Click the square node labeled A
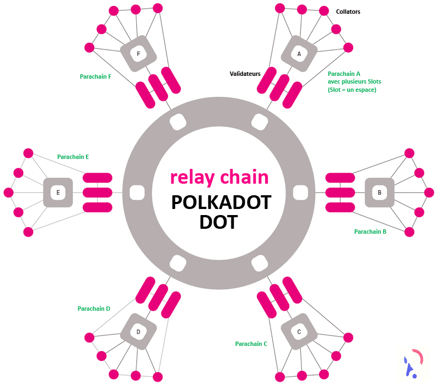(299, 54)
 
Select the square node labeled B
(380, 193)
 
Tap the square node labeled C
(299, 332)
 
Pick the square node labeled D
(138, 332)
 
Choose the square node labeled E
(58, 193)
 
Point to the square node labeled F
(138, 54)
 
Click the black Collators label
(348, 12)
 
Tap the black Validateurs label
(245, 73)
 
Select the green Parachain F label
(95, 76)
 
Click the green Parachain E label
(73, 157)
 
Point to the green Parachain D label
(94, 309)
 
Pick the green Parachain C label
(251, 344)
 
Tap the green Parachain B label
(370, 232)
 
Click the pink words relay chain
(219, 177)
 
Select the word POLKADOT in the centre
(220, 202)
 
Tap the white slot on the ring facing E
(137, 193)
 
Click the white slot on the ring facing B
(300, 193)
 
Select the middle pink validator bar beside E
(98, 193)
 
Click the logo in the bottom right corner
(412, 362)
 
